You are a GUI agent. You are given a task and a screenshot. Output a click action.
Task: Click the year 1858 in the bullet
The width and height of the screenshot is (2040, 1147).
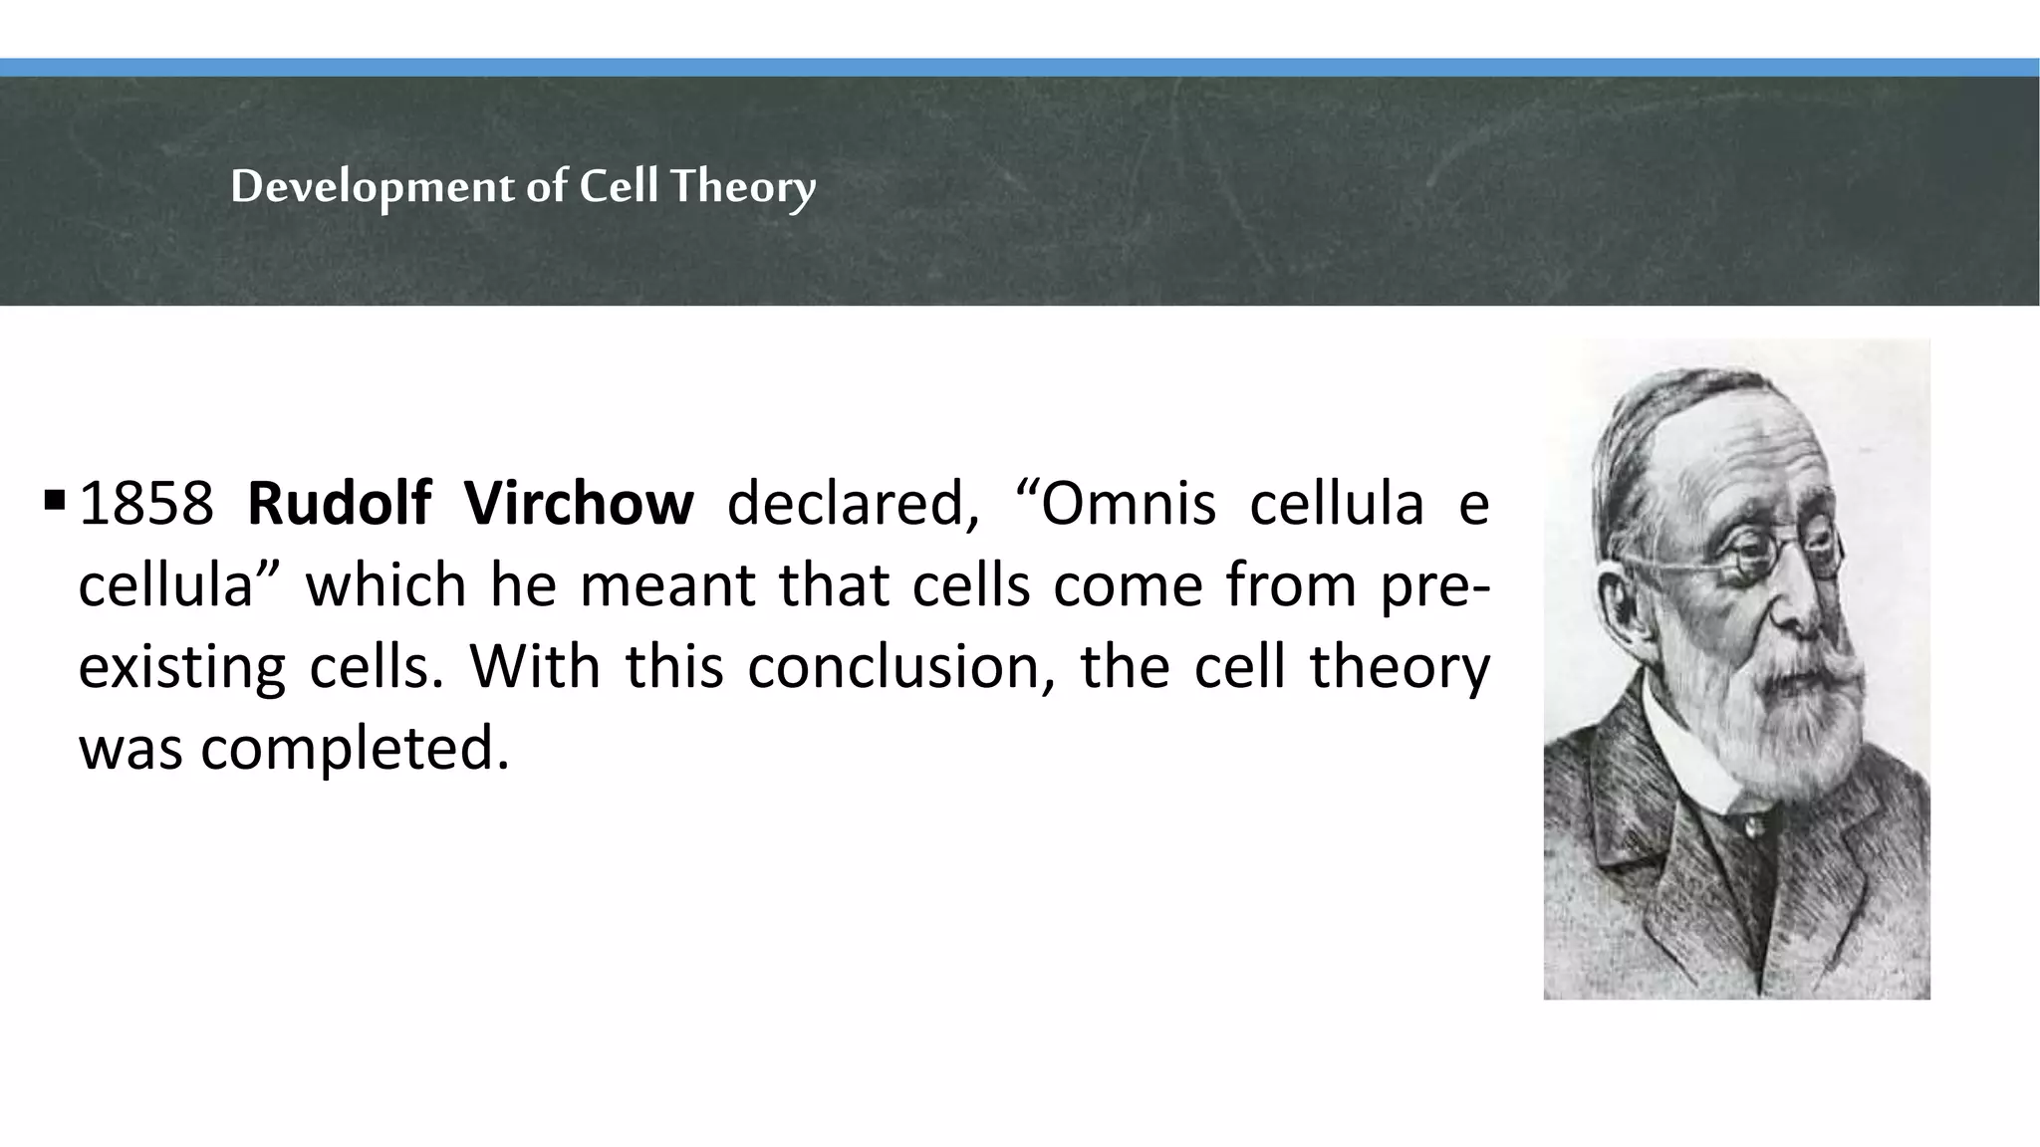[x=145, y=504]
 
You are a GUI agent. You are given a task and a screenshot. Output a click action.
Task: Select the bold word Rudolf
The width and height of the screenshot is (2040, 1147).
[x=339, y=504]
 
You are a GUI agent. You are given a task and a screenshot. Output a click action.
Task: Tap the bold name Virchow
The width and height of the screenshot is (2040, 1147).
[x=579, y=504]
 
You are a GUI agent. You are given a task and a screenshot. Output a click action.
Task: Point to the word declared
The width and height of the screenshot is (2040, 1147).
[x=853, y=504]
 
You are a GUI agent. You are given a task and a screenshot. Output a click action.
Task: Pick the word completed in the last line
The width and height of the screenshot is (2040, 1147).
[x=355, y=749]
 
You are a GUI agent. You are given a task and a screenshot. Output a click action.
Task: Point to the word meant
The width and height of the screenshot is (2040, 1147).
[x=667, y=585]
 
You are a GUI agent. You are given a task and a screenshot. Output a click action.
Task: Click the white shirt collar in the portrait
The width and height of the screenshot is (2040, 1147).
[x=1683, y=757]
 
